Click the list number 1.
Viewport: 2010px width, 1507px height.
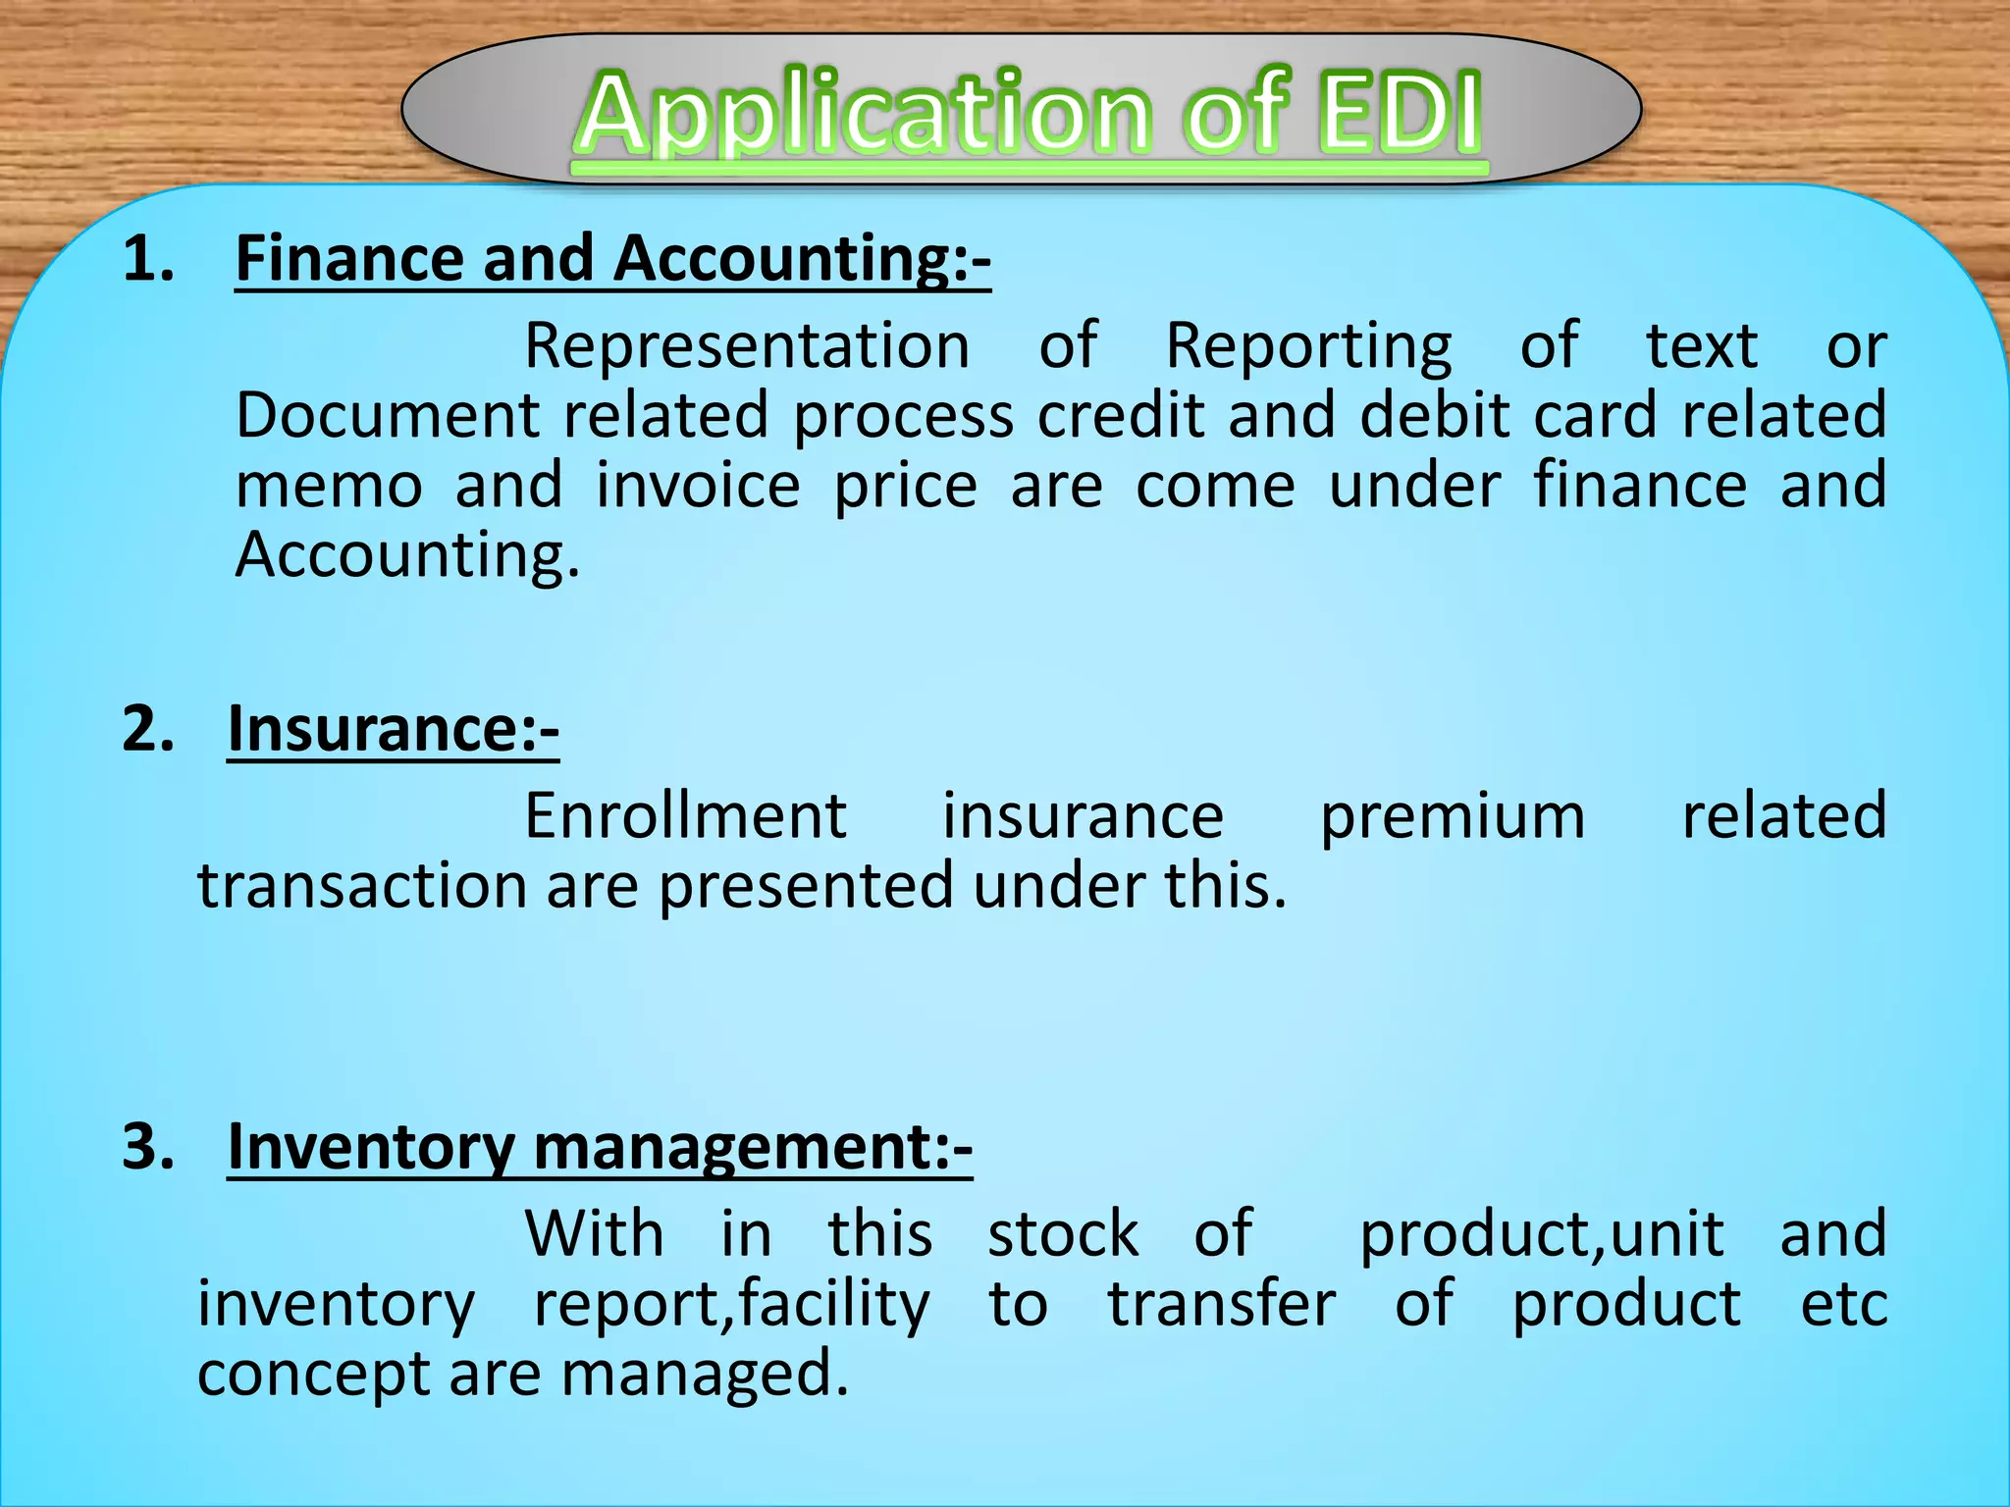147,260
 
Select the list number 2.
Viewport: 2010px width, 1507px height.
147,730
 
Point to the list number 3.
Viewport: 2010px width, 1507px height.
147,1146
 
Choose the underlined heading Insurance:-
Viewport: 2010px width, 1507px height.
393,730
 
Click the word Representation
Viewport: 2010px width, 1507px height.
747,346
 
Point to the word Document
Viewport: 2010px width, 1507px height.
387,415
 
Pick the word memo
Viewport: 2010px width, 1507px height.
330,486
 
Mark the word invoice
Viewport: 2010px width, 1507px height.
698,486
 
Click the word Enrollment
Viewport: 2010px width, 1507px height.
685,816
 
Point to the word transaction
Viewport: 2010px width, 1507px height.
362,886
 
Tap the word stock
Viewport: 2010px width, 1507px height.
1063,1234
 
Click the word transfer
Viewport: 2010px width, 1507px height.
1222,1304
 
